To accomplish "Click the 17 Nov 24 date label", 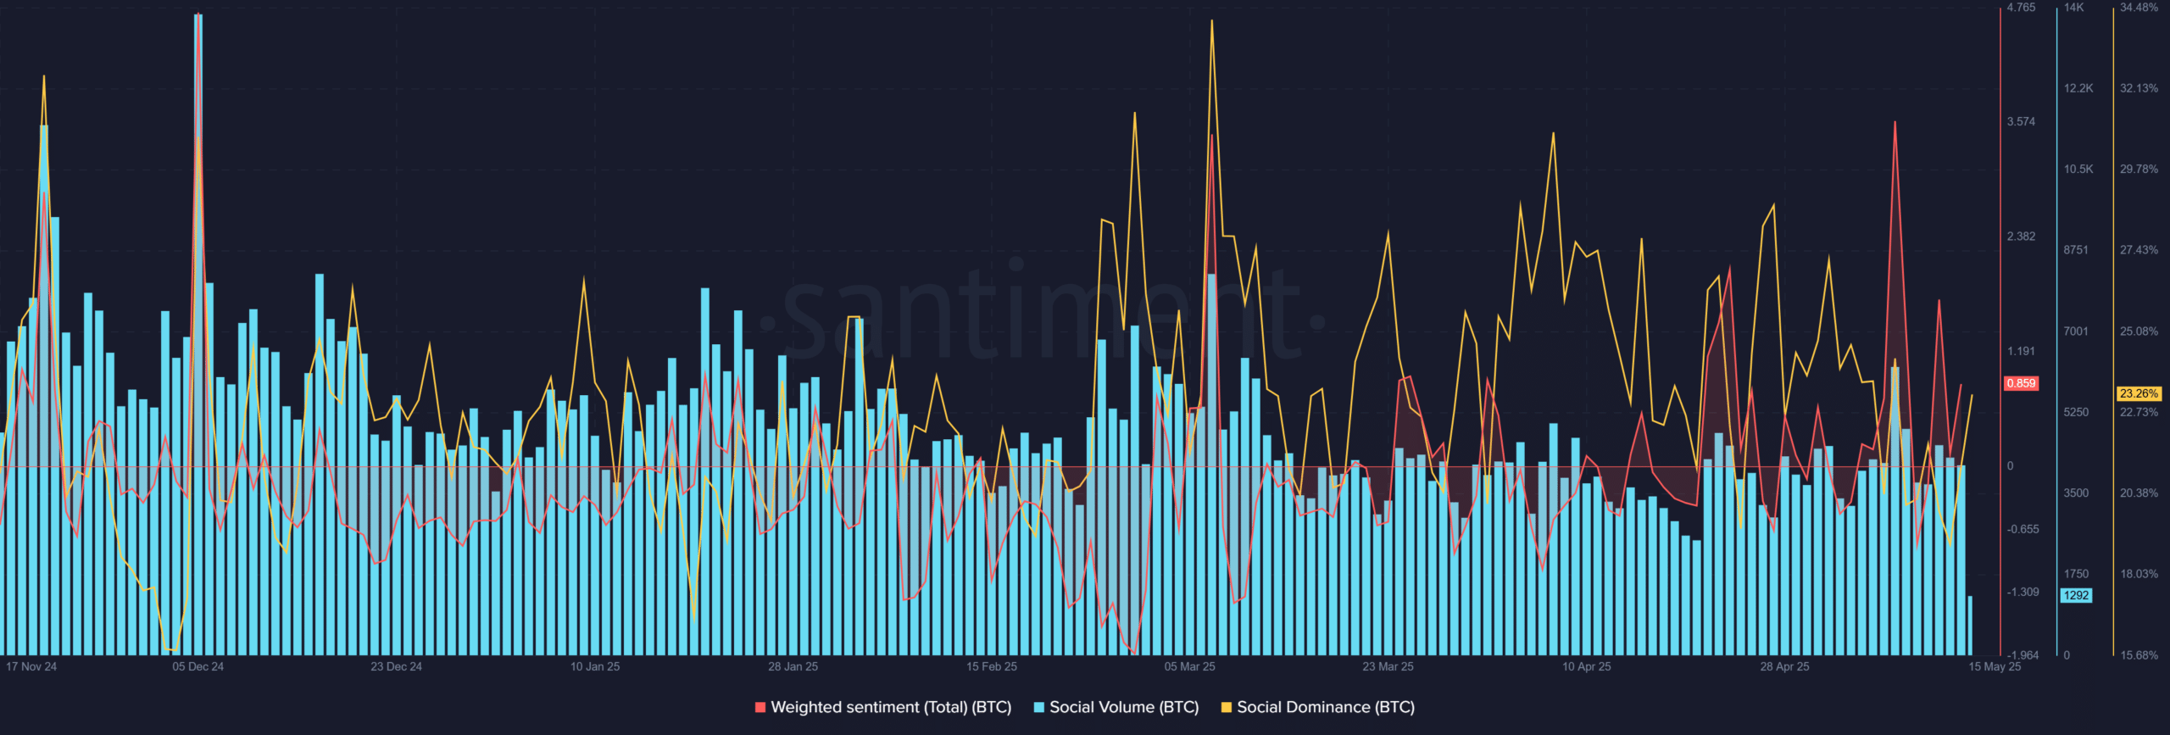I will (31, 666).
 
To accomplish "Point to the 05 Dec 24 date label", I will (198, 666).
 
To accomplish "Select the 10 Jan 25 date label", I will (594, 666).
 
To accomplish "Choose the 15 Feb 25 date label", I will (991, 666).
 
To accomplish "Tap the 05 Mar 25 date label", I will (1189, 666).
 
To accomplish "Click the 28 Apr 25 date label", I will (1784, 666).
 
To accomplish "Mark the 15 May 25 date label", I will (1994, 666).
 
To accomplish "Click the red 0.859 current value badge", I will (2021, 383).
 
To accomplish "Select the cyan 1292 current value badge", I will (2076, 595).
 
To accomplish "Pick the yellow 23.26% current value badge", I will (2139, 393).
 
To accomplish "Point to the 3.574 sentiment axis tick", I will (2021, 121).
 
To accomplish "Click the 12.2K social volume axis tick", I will (2078, 88).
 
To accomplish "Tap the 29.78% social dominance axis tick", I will (2139, 170).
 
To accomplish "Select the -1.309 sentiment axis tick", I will (2023, 592).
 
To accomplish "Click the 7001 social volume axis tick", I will (2076, 331).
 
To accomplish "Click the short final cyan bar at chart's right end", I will (1970, 626).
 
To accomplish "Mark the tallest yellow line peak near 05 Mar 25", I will (1211, 22).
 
